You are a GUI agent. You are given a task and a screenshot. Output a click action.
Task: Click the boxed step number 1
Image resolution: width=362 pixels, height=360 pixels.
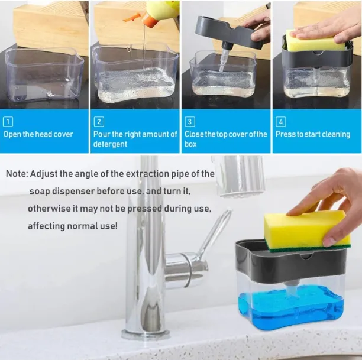(x=8, y=122)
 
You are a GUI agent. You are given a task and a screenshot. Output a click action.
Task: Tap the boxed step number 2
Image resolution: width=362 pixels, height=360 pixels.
(x=99, y=122)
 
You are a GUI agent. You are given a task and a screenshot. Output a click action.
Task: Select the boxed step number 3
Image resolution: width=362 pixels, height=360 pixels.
(x=190, y=122)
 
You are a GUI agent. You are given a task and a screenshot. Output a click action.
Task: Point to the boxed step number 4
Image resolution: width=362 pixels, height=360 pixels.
(x=281, y=122)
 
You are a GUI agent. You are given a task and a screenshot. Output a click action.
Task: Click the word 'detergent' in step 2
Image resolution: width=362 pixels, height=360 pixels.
(x=110, y=144)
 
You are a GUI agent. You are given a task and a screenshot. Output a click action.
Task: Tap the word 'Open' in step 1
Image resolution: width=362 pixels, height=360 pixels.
(x=12, y=134)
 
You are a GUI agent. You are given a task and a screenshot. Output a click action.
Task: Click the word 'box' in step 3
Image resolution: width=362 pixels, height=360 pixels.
(x=190, y=144)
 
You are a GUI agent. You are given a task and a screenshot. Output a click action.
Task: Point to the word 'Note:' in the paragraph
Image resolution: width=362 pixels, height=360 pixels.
(x=17, y=174)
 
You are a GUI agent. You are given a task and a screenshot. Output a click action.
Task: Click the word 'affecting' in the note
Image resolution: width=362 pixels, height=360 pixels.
(x=46, y=226)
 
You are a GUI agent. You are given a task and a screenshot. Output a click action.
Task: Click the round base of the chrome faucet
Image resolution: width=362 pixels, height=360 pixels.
(x=146, y=334)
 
